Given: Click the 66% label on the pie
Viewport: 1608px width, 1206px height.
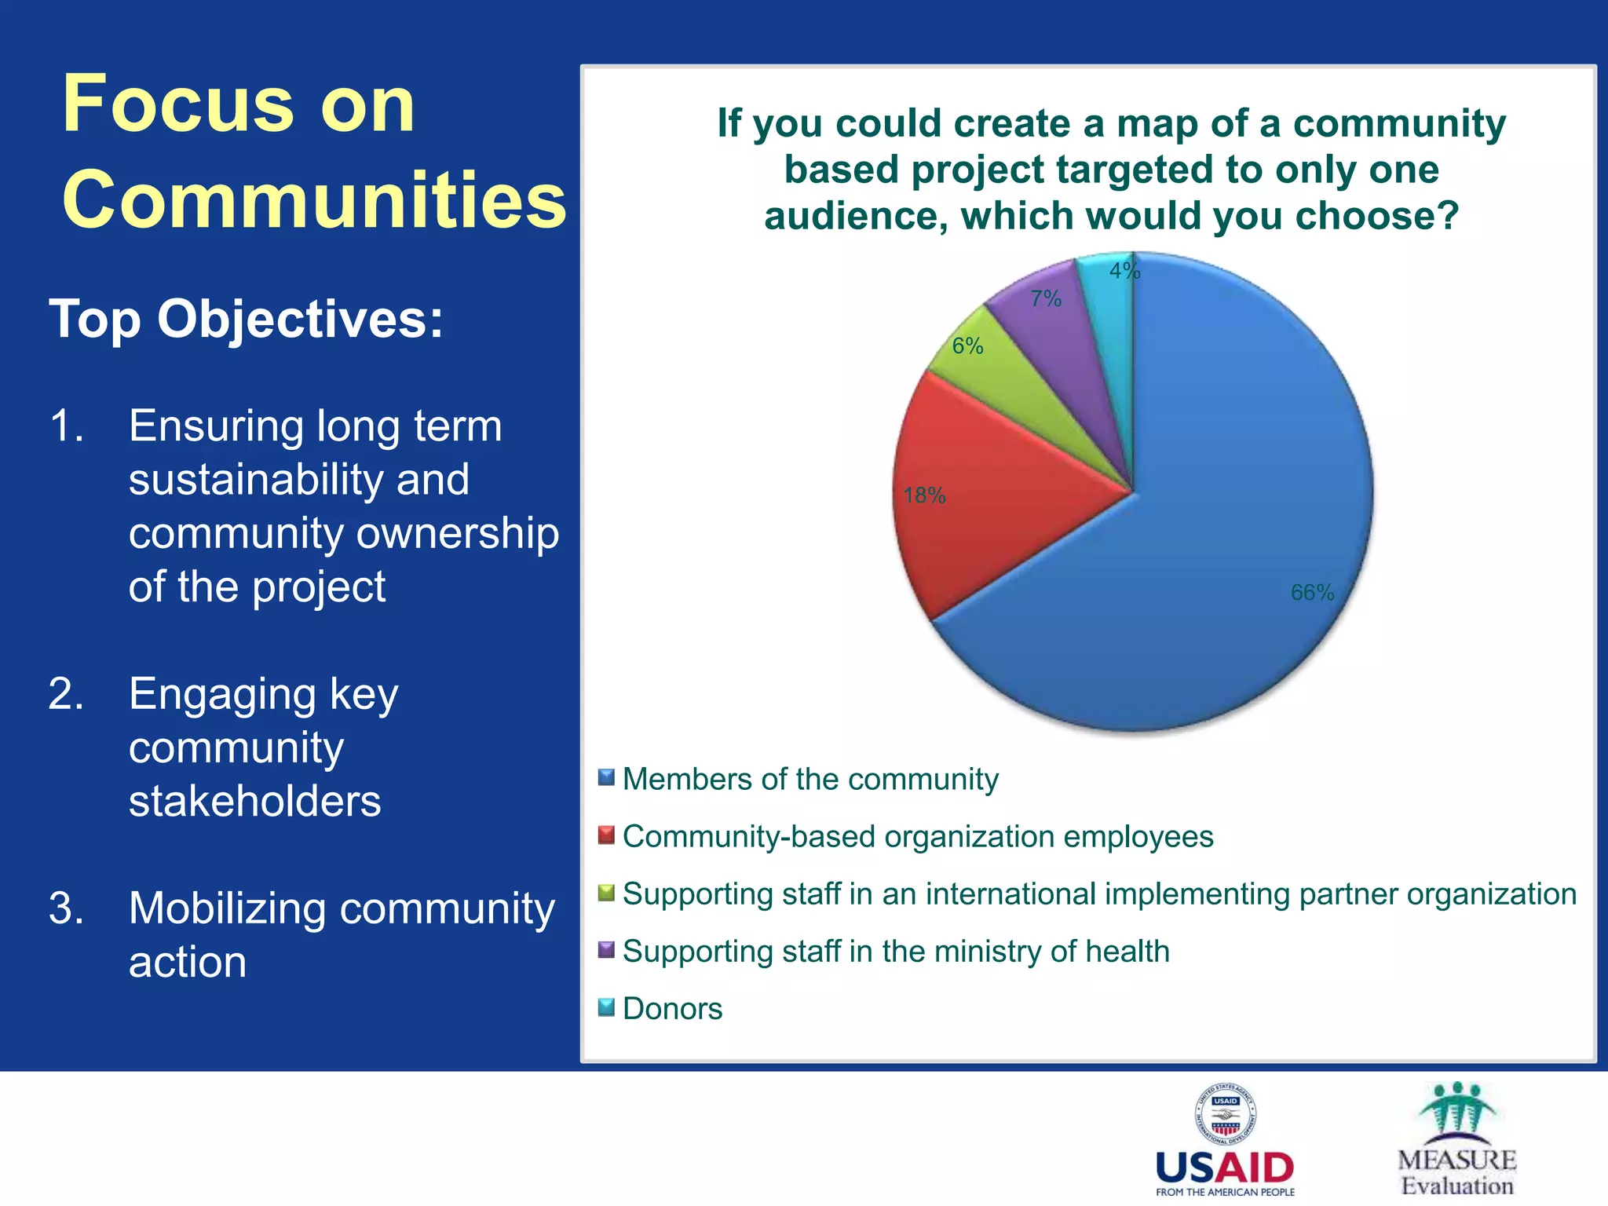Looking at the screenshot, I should pyautogui.click(x=1312, y=593).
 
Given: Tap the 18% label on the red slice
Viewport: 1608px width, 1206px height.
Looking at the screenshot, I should pyautogui.click(x=924, y=495).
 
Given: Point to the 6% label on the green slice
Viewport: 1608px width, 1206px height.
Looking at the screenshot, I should pyautogui.click(x=967, y=346).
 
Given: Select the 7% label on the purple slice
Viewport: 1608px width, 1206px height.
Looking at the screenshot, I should pyautogui.click(x=1046, y=299).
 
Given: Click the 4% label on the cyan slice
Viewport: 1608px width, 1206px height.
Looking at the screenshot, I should pyautogui.click(x=1124, y=271).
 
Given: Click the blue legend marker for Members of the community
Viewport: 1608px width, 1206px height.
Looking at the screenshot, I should pyautogui.click(x=606, y=778).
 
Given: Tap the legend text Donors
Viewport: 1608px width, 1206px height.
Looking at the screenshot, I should pyautogui.click(x=672, y=1009).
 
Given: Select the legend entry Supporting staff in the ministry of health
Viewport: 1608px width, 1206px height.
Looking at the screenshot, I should pyautogui.click(x=896, y=952).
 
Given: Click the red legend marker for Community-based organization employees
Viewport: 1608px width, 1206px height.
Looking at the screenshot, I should pyautogui.click(x=606, y=835).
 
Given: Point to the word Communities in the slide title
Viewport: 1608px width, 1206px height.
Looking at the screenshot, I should pyautogui.click(x=314, y=200).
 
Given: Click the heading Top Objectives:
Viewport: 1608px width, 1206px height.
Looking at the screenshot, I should pyautogui.click(x=247, y=320).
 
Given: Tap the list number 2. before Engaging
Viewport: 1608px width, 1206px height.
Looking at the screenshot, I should pyautogui.click(x=66, y=694).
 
